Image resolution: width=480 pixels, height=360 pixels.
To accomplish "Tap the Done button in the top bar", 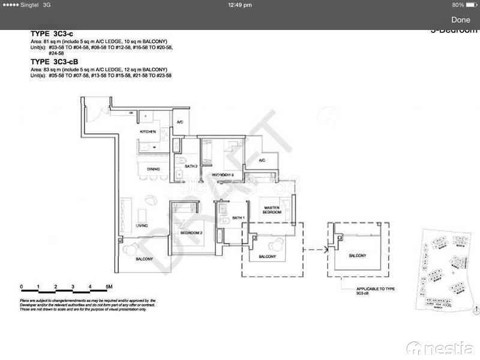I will pyautogui.click(x=461, y=20).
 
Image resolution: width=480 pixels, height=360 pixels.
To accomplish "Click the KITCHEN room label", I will pyautogui.click(x=148, y=131).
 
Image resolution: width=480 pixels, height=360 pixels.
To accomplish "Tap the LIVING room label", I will pyautogui.click(x=142, y=226).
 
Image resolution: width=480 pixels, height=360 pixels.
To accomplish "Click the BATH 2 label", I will pyautogui.click(x=191, y=166).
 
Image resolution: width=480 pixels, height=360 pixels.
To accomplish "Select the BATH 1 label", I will pyautogui.click(x=239, y=218).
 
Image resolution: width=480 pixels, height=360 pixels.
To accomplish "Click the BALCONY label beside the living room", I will pyautogui.click(x=144, y=259).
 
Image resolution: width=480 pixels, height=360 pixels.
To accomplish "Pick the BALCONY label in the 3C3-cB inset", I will pyautogui.click(x=358, y=256).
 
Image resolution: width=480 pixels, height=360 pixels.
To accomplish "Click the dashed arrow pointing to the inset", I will pyautogui.click(x=316, y=248).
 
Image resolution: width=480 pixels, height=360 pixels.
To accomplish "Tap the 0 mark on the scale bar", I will pyautogui.click(x=21, y=286).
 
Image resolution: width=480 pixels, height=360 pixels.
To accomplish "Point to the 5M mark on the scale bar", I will pyautogui.click(x=109, y=286).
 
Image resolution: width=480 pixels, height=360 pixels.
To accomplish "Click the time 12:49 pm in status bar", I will pyautogui.click(x=240, y=5).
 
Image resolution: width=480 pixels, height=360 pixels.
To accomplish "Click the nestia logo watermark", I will pyautogui.click(x=440, y=347).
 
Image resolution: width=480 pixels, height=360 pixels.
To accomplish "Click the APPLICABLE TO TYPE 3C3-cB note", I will pyautogui.click(x=376, y=292).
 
